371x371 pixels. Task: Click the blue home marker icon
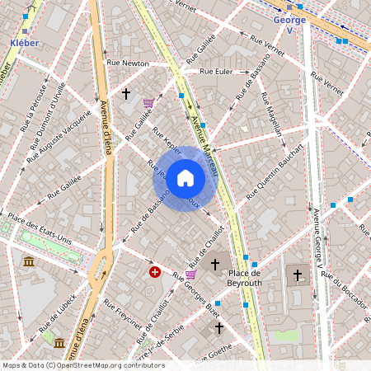click(x=185, y=178)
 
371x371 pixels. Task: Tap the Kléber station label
click(x=25, y=41)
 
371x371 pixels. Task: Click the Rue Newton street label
click(x=128, y=63)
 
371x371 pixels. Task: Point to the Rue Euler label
click(x=217, y=71)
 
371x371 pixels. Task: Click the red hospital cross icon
click(x=154, y=271)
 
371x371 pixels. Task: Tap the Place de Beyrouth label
click(x=245, y=278)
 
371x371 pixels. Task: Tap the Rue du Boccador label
click(x=345, y=289)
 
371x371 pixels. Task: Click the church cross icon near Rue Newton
click(x=126, y=95)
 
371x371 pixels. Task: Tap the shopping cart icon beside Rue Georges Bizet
click(x=191, y=275)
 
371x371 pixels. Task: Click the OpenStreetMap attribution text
click(x=82, y=365)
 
